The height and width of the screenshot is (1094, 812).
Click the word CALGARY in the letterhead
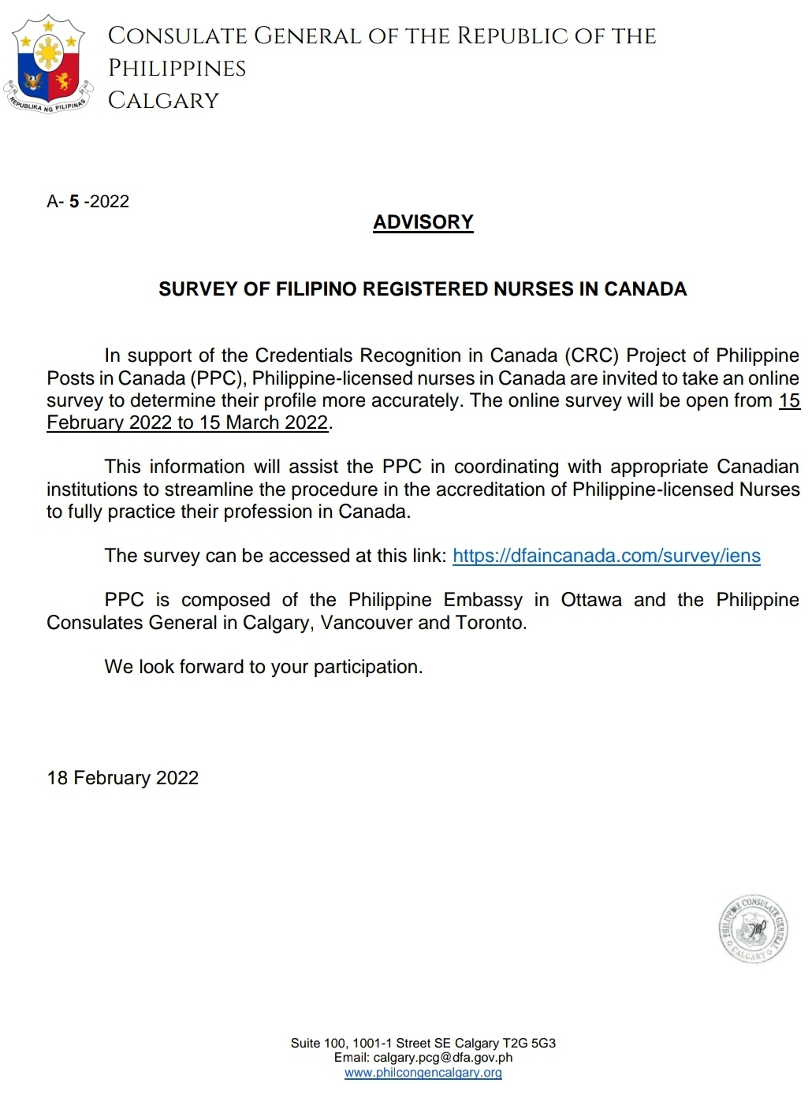pyautogui.click(x=163, y=101)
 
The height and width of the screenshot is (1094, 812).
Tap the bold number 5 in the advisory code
pyautogui.click(x=74, y=202)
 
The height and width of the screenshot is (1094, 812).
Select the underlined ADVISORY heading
pyautogui.click(x=423, y=222)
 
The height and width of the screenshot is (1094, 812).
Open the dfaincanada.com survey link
pyautogui.click(x=605, y=556)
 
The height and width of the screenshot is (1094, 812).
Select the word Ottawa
pyautogui.click(x=590, y=601)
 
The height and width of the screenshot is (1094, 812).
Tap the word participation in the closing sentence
pyautogui.click(x=367, y=668)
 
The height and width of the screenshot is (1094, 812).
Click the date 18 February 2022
pyautogui.click(x=123, y=779)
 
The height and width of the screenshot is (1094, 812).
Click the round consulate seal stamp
pyautogui.click(x=754, y=930)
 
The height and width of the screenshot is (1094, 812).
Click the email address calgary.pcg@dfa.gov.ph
pyautogui.click(x=443, y=1058)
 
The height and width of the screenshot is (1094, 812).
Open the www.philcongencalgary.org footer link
pyautogui.click(x=423, y=1073)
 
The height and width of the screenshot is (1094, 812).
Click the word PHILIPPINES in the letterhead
pyautogui.click(x=177, y=69)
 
